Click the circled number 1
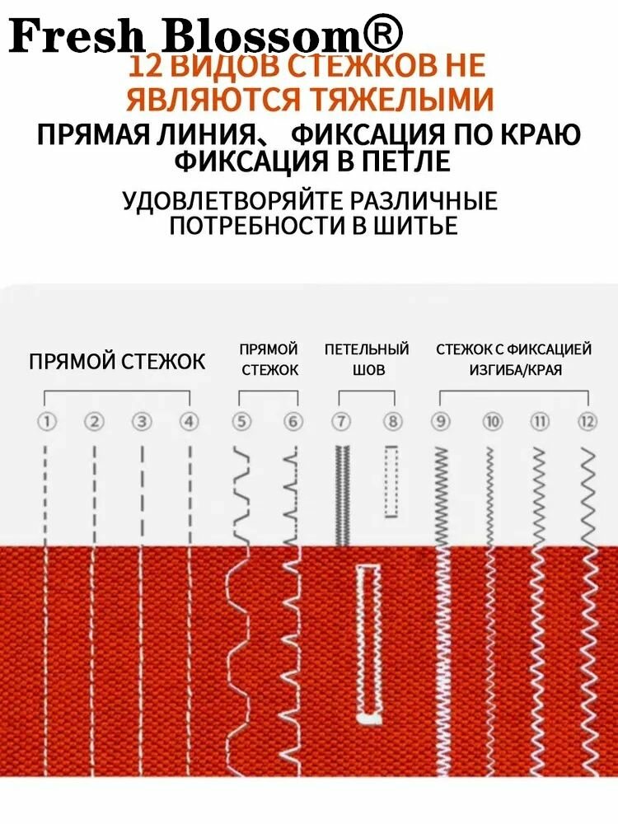(47, 422)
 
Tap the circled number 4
(190, 422)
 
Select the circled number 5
(241, 422)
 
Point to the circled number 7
(341, 422)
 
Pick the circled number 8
(393, 422)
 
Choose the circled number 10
(493, 422)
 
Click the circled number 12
(587, 422)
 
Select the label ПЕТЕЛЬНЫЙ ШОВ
(367, 360)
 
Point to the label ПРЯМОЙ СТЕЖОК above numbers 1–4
(117, 362)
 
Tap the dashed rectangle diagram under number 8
(391, 482)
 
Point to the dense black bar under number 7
(341, 494)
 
